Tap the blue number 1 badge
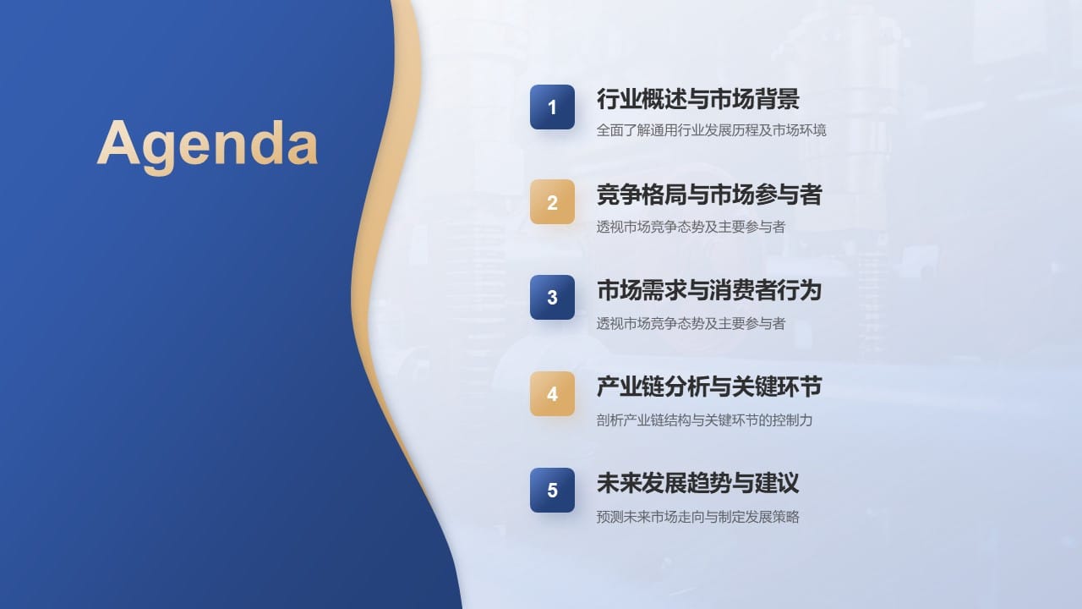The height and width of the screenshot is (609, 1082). pyautogui.click(x=552, y=107)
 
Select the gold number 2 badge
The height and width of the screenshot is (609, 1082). pyautogui.click(x=552, y=202)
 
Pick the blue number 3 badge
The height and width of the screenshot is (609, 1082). pyautogui.click(x=552, y=298)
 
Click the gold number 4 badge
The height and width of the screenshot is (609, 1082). pyautogui.click(x=552, y=394)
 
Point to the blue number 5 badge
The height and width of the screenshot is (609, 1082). pyautogui.click(x=552, y=491)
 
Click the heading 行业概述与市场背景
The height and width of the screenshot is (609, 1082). pyautogui.click(x=697, y=100)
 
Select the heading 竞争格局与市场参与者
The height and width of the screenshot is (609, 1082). pyautogui.click(x=708, y=195)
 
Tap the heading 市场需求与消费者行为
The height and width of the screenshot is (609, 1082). pyautogui.click(x=708, y=291)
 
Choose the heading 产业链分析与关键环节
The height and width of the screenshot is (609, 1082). pyautogui.click(x=708, y=387)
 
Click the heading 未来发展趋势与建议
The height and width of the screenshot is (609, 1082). pyautogui.click(x=697, y=484)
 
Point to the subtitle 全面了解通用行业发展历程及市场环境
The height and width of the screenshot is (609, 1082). pyautogui.click(x=711, y=130)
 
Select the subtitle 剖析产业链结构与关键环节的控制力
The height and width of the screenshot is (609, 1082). pyautogui.click(x=704, y=420)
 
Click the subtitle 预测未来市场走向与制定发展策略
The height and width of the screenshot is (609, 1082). pyautogui.click(x=697, y=516)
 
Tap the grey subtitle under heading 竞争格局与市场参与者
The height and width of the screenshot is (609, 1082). pyautogui.click(x=691, y=227)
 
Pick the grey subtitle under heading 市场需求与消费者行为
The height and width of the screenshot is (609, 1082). pyautogui.click(x=691, y=323)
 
